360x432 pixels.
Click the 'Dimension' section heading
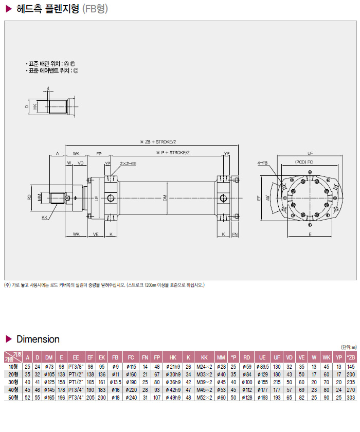pos(38,339)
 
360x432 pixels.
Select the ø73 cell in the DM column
pos(50,366)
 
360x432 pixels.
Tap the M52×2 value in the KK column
pos(204,398)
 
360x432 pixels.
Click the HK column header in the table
pos(173,357)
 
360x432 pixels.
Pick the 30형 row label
pos(12,382)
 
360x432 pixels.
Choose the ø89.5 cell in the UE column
pos(262,366)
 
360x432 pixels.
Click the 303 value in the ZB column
pos(351,398)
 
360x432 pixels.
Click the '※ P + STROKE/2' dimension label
pos(173,153)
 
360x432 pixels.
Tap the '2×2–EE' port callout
pos(128,164)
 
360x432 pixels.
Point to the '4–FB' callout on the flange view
pos(262,164)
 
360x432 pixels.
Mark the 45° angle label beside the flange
pos(267,198)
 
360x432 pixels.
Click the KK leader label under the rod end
pos(44,218)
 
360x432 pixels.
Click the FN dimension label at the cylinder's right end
pos(235,234)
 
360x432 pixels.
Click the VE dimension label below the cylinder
pos(96,234)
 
